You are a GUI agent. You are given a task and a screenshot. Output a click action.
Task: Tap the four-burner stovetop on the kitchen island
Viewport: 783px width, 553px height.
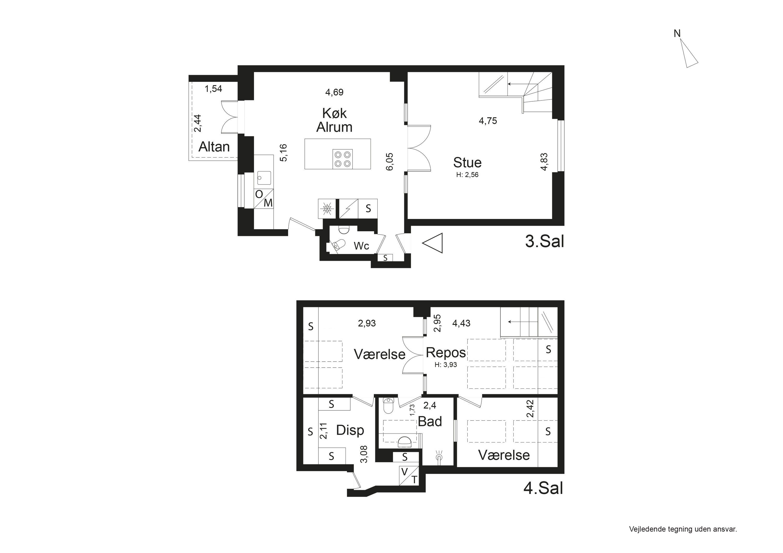point(342,159)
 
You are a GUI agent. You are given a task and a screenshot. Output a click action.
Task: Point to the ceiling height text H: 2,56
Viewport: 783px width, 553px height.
point(467,175)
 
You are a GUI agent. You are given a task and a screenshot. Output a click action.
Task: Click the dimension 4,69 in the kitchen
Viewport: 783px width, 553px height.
point(334,92)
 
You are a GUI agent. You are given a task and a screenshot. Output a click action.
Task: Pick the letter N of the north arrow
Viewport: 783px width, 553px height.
point(677,34)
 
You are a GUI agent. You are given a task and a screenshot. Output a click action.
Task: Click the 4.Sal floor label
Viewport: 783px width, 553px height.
point(543,489)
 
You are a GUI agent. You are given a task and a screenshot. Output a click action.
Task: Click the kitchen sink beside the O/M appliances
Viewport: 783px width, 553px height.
point(264,178)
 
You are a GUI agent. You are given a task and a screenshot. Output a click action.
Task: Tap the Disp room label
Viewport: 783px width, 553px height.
point(350,430)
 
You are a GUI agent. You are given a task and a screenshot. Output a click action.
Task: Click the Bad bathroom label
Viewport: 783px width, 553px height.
point(430,422)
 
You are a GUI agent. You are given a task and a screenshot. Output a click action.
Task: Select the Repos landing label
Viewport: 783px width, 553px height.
point(446,353)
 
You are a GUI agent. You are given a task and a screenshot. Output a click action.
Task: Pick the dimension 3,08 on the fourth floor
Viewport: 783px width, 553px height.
point(364,454)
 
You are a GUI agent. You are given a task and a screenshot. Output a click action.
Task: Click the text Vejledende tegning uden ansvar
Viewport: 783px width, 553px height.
point(683,529)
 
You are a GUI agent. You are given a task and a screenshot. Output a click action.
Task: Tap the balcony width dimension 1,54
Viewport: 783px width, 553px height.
point(213,89)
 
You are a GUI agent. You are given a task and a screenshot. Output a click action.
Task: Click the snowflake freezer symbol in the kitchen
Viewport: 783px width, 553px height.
point(327,209)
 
